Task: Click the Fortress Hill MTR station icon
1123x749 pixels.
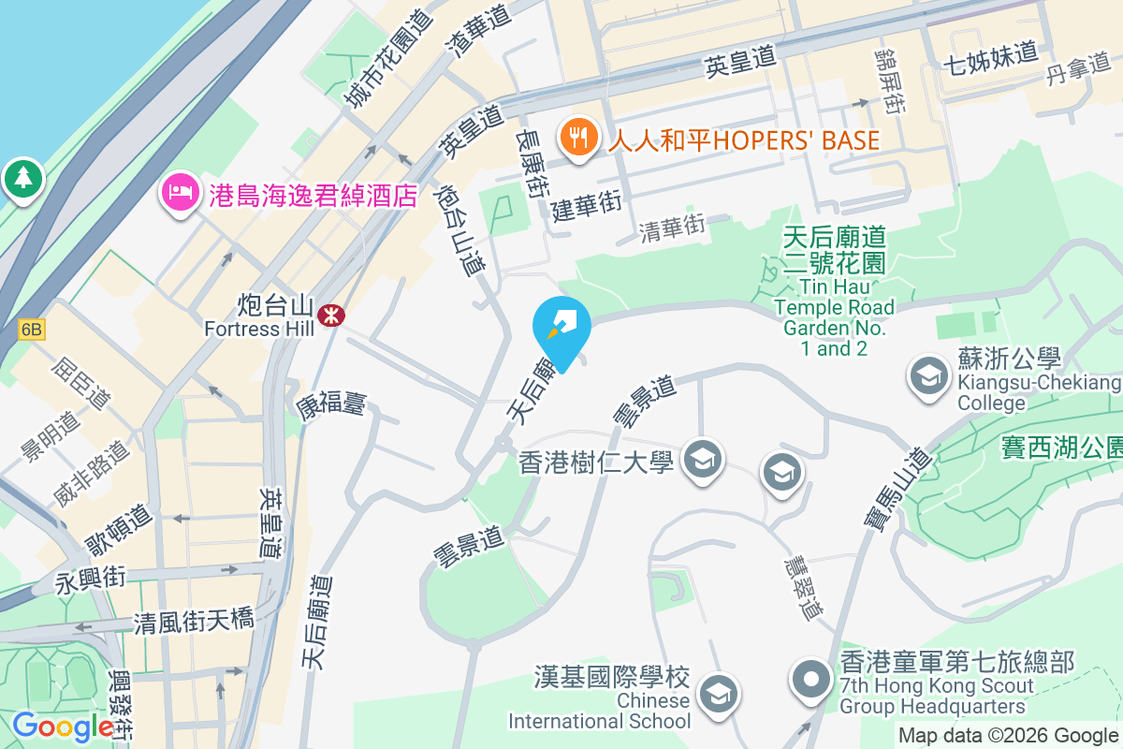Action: point(329,315)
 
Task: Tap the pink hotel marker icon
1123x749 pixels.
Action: point(178,194)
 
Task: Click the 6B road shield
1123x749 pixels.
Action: point(31,330)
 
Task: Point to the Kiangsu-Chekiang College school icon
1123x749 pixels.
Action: point(928,376)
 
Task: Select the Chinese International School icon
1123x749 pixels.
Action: point(719,694)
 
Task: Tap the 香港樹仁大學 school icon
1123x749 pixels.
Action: point(700,459)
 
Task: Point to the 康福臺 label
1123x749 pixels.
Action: point(331,404)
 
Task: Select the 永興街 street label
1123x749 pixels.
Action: point(91,581)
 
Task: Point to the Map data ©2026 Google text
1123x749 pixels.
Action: point(1008,735)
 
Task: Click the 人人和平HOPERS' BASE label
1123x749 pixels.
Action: point(744,140)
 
